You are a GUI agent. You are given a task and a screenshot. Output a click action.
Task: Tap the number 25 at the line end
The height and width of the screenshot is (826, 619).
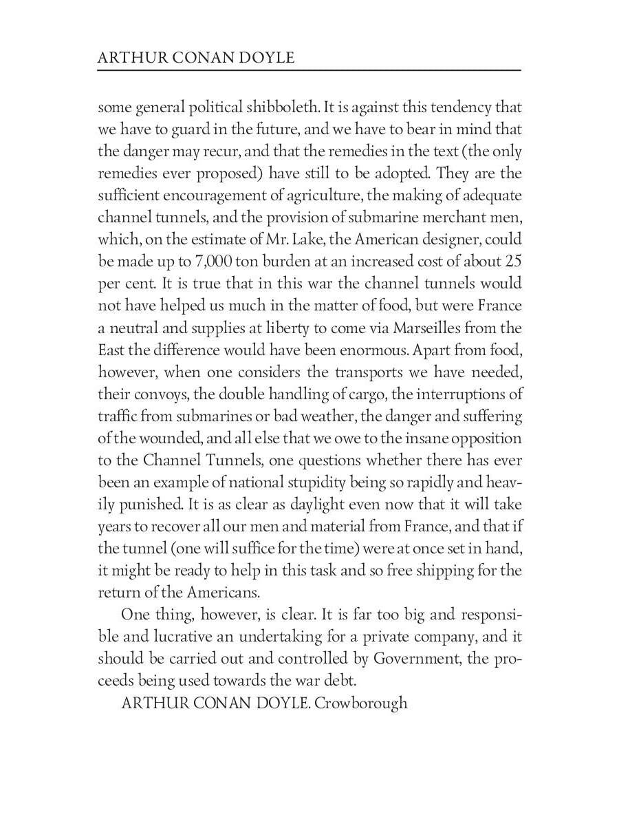click(x=513, y=262)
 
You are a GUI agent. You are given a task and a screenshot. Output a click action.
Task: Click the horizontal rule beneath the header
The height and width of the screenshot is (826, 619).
click(x=309, y=70)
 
